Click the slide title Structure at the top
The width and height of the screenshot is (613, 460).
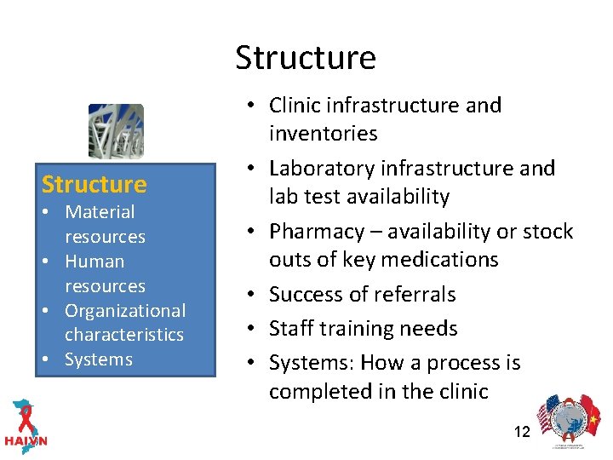pos(306,58)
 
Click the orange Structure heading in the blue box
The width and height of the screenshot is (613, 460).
pos(94,184)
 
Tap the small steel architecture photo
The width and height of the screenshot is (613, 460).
pos(116,131)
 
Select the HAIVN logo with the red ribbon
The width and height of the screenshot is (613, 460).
pos(26,424)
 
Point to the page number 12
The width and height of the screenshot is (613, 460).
pos(522,432)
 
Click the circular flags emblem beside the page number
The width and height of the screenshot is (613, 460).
pos(565,418)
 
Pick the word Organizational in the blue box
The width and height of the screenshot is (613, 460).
pos(125,311)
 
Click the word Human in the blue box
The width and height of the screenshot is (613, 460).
pos(95,262)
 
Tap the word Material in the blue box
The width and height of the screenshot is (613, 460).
pos(100,212)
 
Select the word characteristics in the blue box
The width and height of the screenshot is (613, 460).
pos(124,335)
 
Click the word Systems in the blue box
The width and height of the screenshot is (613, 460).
pos(99,359)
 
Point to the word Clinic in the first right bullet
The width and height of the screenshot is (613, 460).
pos(295,106)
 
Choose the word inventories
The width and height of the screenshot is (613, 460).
pos(324,134)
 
